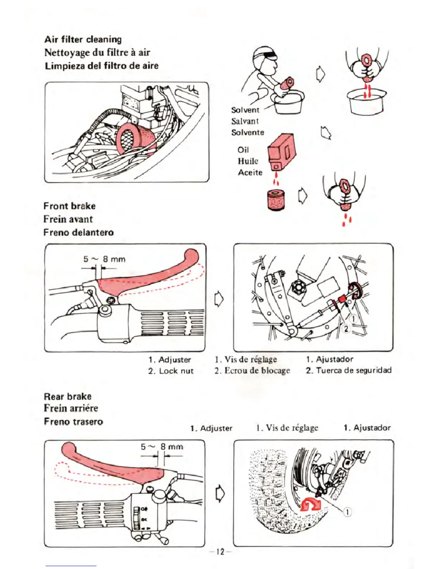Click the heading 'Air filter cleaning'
(83, 39)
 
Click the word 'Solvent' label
(245, 110)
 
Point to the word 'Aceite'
(250, 172)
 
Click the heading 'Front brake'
(70, 206)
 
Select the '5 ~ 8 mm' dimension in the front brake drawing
(104, 259)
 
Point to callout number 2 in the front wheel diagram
(346, 328)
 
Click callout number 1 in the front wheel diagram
(353, 318)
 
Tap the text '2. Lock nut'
(171, 371)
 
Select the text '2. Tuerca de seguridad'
(348, 370)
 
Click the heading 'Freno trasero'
(73, 421)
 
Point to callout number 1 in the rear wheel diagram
(348, 512)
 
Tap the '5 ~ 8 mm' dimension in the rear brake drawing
(162, 447)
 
